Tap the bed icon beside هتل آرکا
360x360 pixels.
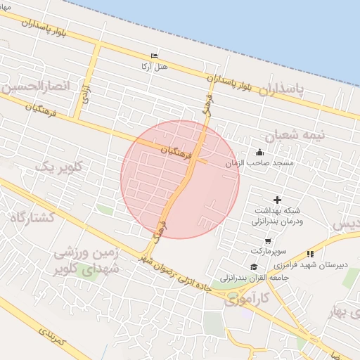(x=155, y=56)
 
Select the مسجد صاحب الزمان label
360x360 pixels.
(x=252, y=162)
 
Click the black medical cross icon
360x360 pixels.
(x=276, y=200)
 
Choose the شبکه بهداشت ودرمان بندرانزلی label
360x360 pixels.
(x=276, y=215)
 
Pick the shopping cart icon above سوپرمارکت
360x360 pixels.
(x=268, y=241)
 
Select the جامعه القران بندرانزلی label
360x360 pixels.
(x=250, y=277)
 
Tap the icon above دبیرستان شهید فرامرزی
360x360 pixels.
(x=310, y=254)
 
